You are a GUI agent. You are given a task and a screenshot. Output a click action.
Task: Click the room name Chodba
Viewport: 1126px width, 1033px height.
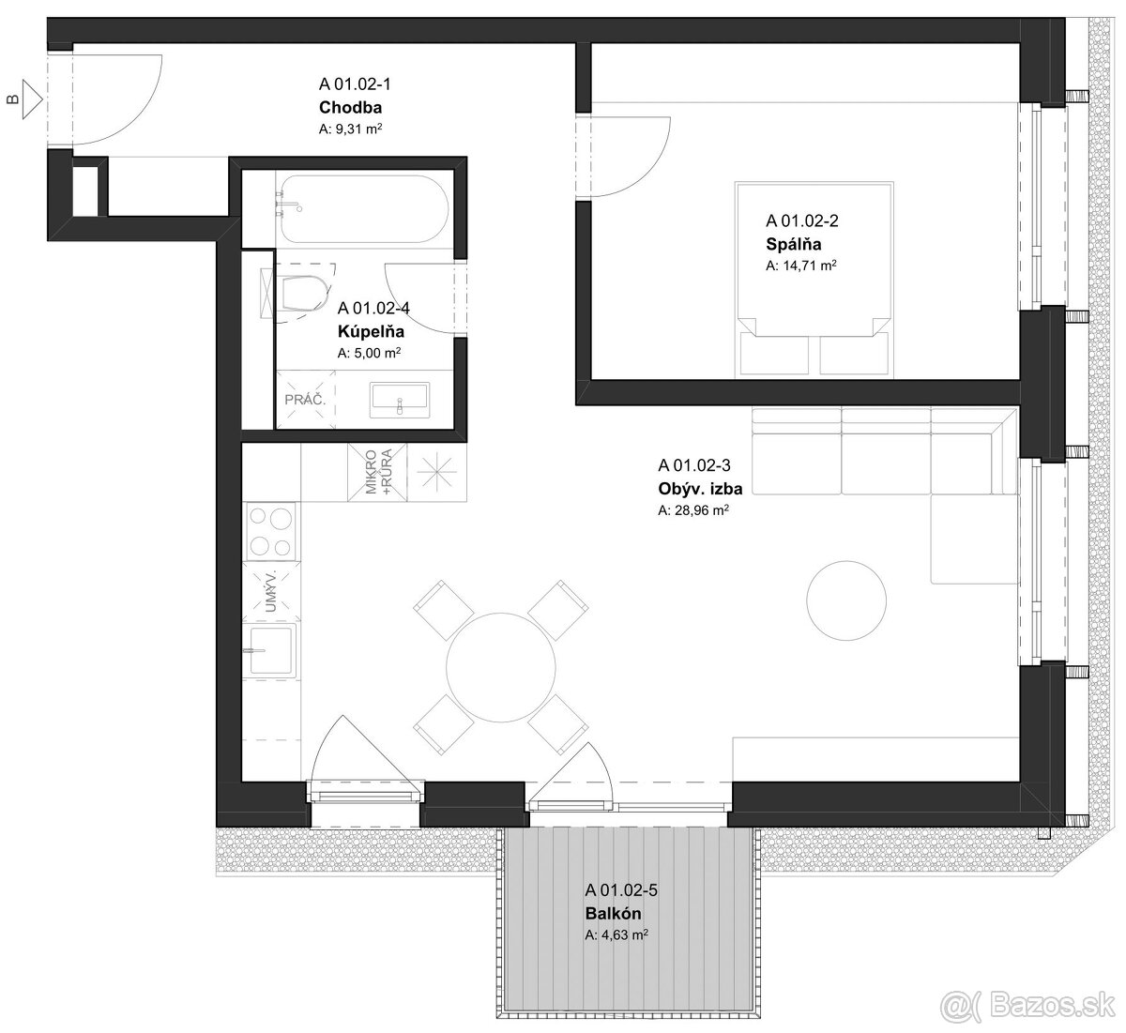pos(350,107)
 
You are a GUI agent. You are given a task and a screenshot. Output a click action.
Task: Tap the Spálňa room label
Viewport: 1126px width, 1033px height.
pos(793,244)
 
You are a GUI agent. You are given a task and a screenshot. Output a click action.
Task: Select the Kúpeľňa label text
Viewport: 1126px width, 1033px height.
pos(371,331)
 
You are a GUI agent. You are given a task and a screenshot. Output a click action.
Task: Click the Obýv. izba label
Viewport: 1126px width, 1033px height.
pos(700,489)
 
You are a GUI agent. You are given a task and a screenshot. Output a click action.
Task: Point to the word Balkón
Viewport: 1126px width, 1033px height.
pos(613,914)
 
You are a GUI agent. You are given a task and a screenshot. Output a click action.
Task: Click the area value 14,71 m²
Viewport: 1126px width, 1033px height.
pos(801,265)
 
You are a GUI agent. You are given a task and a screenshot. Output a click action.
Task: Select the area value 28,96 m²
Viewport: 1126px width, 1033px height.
pos(693,509)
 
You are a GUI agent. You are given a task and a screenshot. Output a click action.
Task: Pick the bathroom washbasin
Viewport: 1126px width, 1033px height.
pos(400,401)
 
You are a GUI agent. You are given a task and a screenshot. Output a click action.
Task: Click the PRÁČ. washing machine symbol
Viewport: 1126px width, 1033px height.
pos(305,399)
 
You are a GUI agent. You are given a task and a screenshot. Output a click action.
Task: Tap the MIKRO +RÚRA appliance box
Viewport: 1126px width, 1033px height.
pos(377,472)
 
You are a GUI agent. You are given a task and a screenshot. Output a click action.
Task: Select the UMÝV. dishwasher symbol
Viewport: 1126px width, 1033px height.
pos(271,591)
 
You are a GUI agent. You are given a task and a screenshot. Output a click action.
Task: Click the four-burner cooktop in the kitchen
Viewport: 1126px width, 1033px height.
pos(271,531)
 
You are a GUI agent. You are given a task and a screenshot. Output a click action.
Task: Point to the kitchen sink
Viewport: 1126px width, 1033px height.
pos(271,650)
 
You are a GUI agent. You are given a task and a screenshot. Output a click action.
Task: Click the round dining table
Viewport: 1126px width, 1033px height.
pos(501,667)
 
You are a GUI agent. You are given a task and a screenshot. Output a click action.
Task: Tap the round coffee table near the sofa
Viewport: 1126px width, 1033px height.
pos(846,600)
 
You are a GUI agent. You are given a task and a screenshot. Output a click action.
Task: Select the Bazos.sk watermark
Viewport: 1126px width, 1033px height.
pos(1027,1004)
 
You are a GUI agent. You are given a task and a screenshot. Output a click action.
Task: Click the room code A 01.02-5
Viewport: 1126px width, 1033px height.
pos(621,889)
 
